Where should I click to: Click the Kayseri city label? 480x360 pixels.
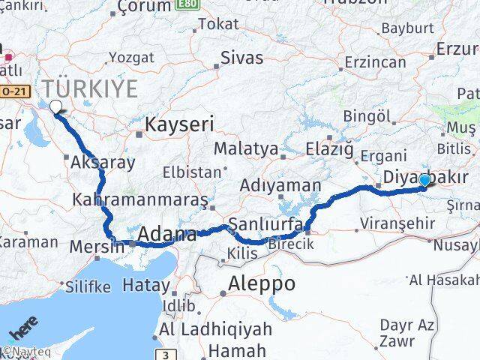(x=179, y=124)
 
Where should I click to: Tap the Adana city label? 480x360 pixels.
(x=166, y=233)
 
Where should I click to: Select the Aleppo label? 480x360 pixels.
(x=262, y=284)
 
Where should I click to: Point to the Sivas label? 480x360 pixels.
(x=241, y=58)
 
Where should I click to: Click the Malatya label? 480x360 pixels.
(x=245, y=148)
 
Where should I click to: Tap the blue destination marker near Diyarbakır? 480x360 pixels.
(x=425, y=180)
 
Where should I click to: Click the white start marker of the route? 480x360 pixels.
(x=55, y=107)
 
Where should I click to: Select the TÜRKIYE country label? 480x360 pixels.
(x=89, y=89)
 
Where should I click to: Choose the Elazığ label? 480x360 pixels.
(x=329, y=149)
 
